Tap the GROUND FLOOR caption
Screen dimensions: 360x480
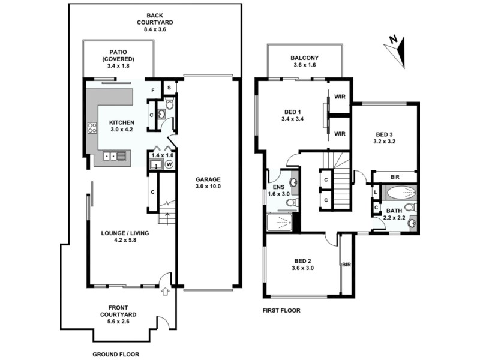[x=115, y=354]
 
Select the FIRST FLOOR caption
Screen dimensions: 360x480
[x=281, y=311]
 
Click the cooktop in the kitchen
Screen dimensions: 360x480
[x=93, y=127]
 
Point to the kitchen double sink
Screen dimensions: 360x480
[x=115, y=157]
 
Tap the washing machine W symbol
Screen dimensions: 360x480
[x=169, y=164]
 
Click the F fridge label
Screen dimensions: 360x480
[x=153, y=91]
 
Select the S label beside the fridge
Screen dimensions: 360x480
[x=170, y=88]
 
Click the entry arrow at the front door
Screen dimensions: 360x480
[x=166, y=292]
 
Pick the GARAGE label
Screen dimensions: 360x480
[x=208, y=179]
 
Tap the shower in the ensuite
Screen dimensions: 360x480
[x=279, y=222]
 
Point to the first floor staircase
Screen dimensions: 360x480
[x=340, y=180]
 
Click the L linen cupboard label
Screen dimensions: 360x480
[x=376, y=192]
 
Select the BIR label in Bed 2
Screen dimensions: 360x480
[x=346, y=265]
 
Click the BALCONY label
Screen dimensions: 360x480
[x=304, y=58]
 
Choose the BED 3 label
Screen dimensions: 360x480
[x=385, y=134]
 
